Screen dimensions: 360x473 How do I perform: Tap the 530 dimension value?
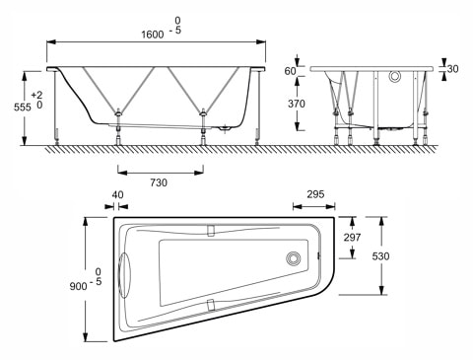tap(394, 255)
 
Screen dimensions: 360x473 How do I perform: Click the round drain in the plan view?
tap(293, 260)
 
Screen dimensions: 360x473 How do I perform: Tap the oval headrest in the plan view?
tap(125, 273)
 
